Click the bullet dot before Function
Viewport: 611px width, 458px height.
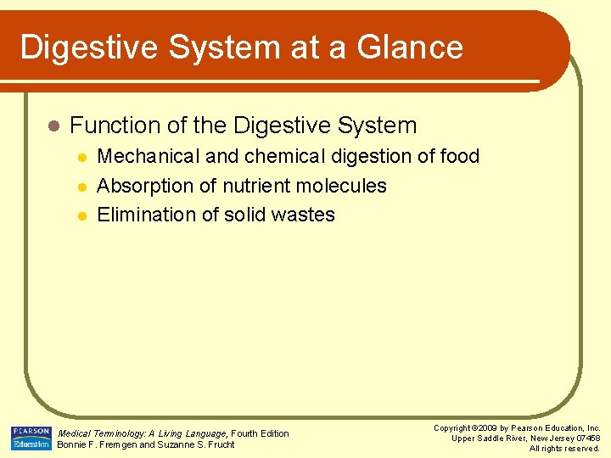coord(53,126)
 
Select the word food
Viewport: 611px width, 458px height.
coord(458,156)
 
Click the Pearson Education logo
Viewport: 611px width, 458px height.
coord(31,438)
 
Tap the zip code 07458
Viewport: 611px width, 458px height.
coord(586,438)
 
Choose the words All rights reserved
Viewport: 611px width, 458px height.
coord(564,449)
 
